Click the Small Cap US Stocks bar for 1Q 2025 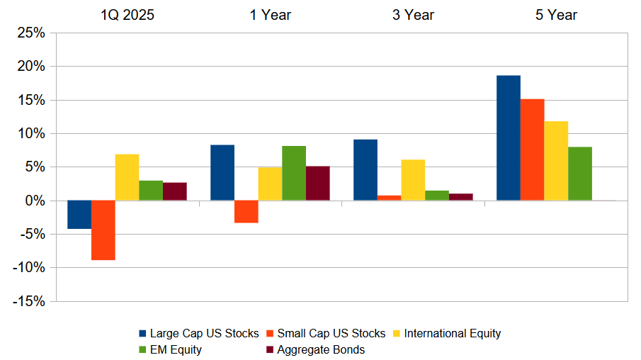pos(103,230)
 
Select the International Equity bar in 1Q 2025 pos(127,177)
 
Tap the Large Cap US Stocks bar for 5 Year pos(508,138)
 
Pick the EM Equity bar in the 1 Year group pos(294,174)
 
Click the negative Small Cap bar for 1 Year pos(246,212)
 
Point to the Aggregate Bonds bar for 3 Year pos(460,197)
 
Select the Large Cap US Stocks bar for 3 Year pos(365,170)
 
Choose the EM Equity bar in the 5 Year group pos(579,174)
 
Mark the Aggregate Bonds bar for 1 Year pos(317,184)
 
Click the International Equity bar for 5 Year pos(556,161)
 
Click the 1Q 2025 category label pos(127,14)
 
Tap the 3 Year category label pos(413,14)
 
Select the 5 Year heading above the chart pos(556,14)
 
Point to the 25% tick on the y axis pos(30,33)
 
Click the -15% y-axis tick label pos(28,301)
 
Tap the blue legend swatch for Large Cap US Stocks pos(142,334)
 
